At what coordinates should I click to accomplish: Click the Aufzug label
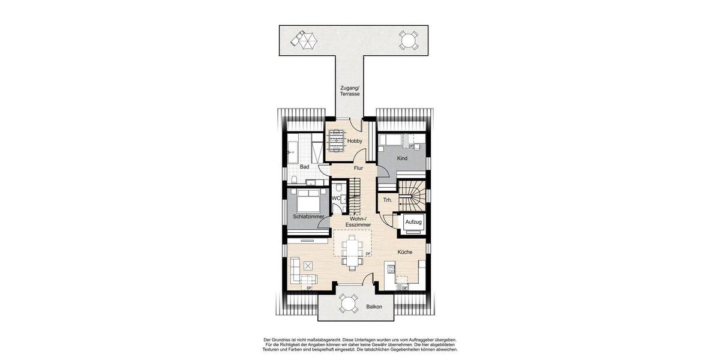pos(414,222)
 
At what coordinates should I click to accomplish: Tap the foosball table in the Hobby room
pos(336,141)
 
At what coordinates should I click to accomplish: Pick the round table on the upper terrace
pos(409,41)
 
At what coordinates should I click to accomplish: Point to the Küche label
pos(404,252)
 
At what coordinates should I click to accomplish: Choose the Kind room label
pos(402,158)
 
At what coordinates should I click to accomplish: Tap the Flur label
pos(358,169)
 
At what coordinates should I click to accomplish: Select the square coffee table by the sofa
pos(308,266)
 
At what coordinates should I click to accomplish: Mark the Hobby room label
pos(355,141)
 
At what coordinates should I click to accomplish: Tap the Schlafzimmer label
pos(308,216)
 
